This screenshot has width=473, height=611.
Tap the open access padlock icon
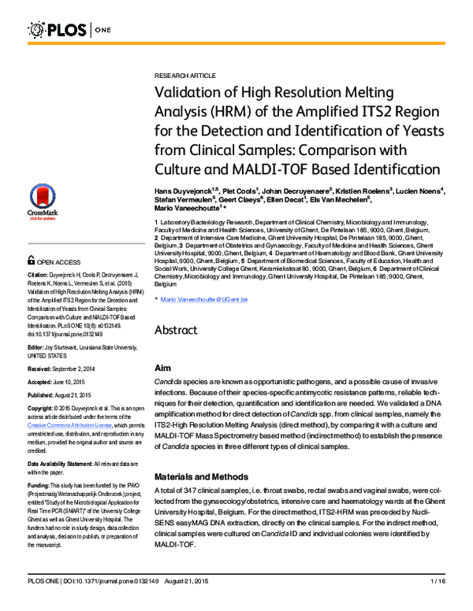(32, 259)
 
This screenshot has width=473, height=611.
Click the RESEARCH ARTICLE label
(185, 75)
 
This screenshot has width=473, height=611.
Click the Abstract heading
(176, 330)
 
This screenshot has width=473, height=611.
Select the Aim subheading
(162, 368)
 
